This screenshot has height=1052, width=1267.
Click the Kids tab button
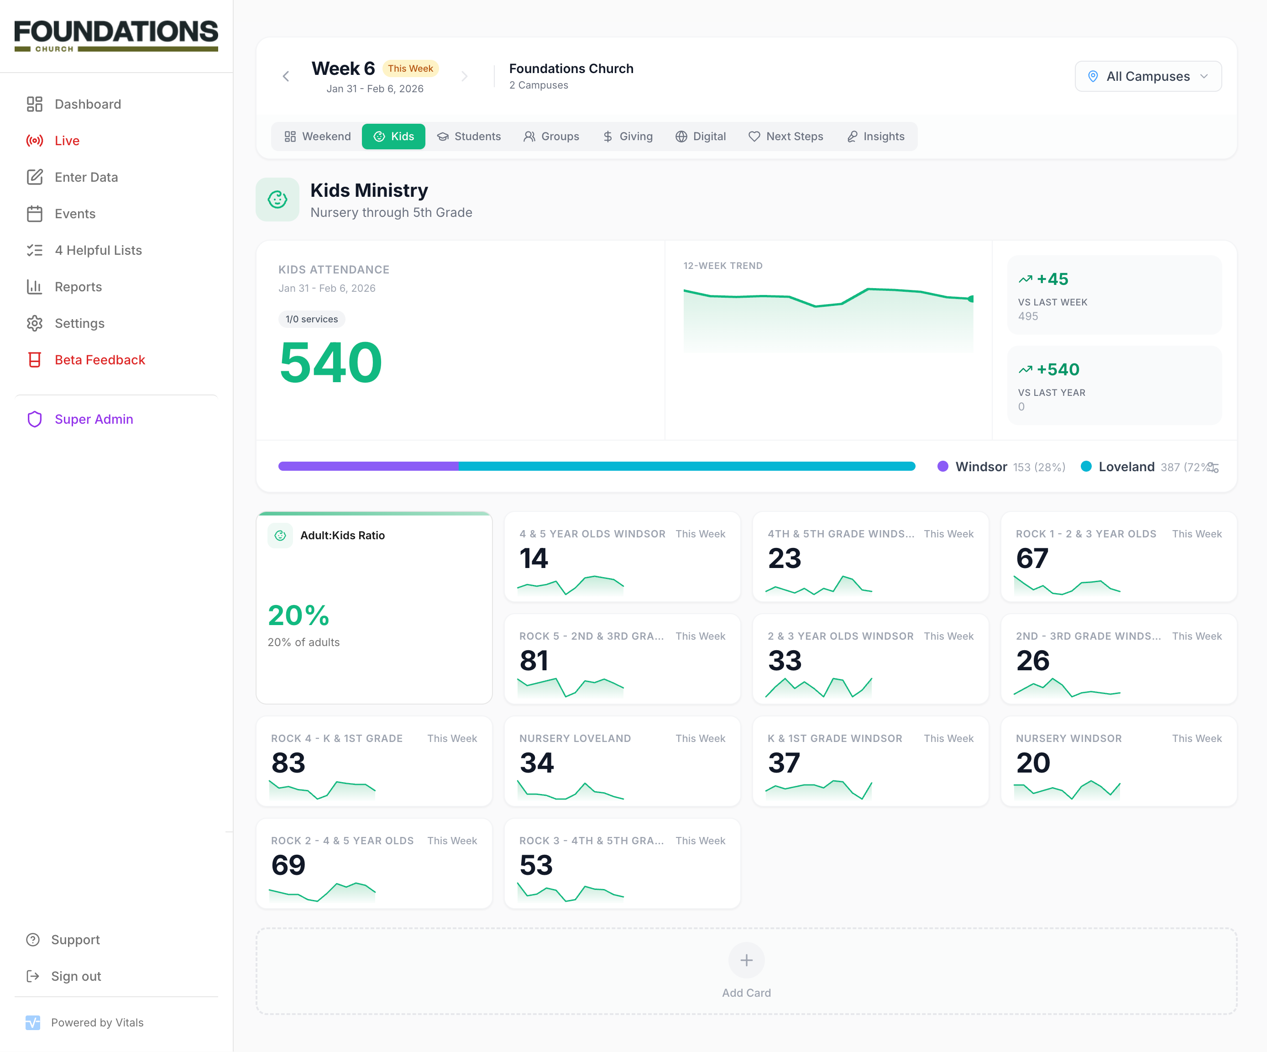click(393, 137)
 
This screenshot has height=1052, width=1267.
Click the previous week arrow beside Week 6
click(286, 76)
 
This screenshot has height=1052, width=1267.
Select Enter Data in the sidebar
click(86, 177)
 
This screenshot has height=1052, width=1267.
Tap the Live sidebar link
click(66, 141)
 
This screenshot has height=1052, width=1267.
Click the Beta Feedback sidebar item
click(99, 360)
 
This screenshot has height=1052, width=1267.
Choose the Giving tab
click(628, 137)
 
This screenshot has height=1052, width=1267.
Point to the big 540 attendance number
click(330, 362)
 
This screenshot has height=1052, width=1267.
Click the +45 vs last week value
click(1052, 279)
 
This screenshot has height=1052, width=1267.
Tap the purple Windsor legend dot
click(942, 466)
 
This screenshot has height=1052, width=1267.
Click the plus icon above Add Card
click(746, 960)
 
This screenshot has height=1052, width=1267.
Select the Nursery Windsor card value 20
click(1033, 763)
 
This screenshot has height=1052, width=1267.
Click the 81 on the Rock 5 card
click(534, 660)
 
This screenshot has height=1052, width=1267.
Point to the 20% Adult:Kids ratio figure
click(298, 615)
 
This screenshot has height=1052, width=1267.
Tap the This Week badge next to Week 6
click(410, 68)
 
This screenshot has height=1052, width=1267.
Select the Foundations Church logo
click(116, 35)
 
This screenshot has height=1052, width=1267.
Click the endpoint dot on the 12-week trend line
click(970, 299)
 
